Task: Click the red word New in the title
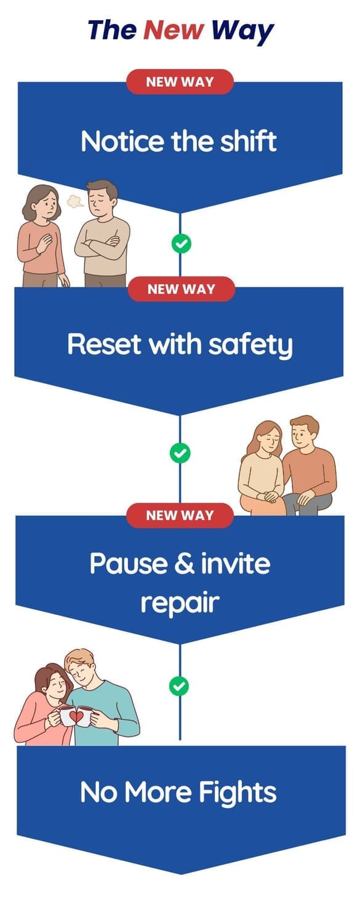pos(174,30)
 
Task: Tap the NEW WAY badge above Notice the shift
pos(180,82)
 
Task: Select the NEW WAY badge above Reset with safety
pos(182,289)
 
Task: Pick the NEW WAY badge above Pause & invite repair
pos(180,515)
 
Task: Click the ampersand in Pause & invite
pos(184,563)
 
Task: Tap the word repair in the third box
pos(180,603)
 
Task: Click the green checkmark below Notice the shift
pos(181,244)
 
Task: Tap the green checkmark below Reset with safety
pos(180,453)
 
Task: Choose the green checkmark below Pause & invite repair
pos(179,686)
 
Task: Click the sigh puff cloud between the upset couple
pos(75,201)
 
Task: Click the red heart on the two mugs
pos(76,717)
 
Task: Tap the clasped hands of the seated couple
pos(271,497)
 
